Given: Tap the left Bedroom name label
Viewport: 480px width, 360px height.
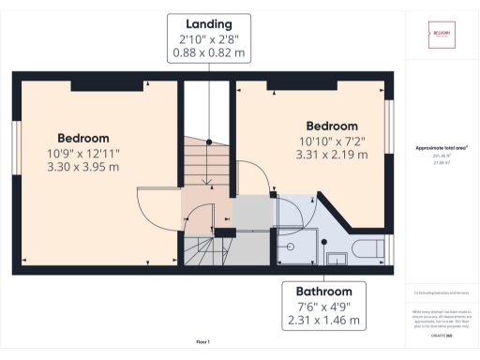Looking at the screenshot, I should tap(82, 138).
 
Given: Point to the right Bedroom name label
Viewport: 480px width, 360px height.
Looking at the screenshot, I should tap(332, 126).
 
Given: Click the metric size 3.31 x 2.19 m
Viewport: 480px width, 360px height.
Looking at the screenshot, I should tap(332, 156).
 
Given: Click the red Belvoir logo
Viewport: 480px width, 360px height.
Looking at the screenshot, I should tap(442, 35).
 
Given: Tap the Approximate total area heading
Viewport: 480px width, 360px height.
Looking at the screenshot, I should tap(442, 147).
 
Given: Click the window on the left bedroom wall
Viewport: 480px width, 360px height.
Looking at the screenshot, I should tap(16, 147).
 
